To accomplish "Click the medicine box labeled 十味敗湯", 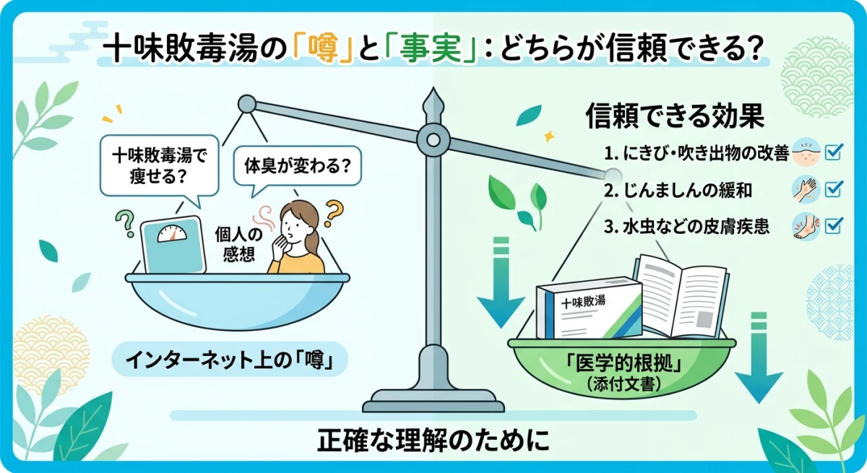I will pos(588,311).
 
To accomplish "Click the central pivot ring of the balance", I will pos(433,135).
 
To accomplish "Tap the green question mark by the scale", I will pos(125,219).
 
